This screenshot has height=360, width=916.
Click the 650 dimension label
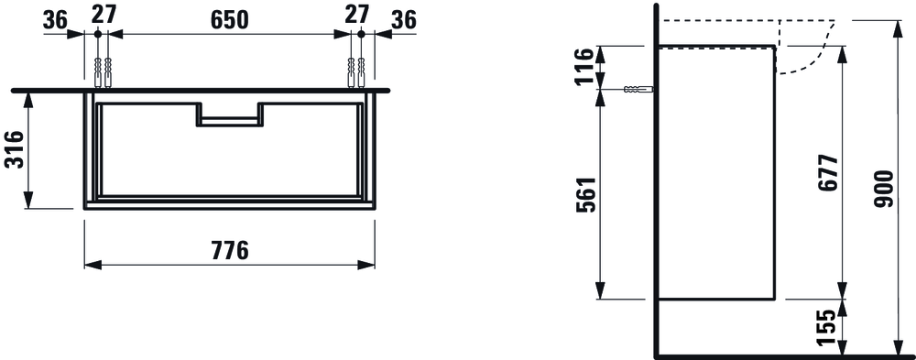230,20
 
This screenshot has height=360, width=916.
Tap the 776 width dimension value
230,250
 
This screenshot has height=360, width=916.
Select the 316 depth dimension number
14,149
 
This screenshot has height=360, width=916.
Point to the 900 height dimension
884,189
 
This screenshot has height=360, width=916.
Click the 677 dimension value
828,174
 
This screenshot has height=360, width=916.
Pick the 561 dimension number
585,194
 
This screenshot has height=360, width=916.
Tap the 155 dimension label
828,329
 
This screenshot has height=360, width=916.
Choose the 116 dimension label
585,67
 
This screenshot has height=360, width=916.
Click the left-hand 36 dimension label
56,20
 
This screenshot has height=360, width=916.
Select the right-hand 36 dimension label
404,20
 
